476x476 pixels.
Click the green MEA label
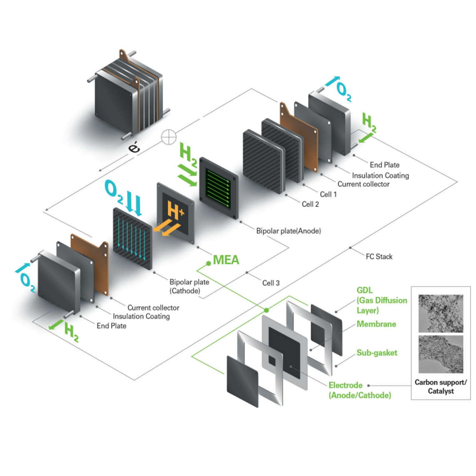point(226,260)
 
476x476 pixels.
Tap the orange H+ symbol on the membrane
point(175,210)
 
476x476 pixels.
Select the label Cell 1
point(328,194)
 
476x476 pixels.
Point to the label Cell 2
point(310,204)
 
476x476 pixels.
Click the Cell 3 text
point(271,283)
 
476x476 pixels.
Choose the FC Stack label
point(379,257)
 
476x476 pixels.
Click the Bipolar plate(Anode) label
point(288,231)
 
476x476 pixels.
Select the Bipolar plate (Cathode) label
point(189,286)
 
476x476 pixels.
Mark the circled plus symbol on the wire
point(169,137)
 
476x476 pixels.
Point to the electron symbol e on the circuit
point(134,147)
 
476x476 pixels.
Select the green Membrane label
point(376,324)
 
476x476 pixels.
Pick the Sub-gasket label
point(376,353)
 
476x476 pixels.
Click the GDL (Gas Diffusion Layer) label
point(381,300)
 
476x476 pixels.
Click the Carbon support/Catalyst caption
point(441,386)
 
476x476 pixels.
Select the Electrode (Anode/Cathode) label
point(360,390)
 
